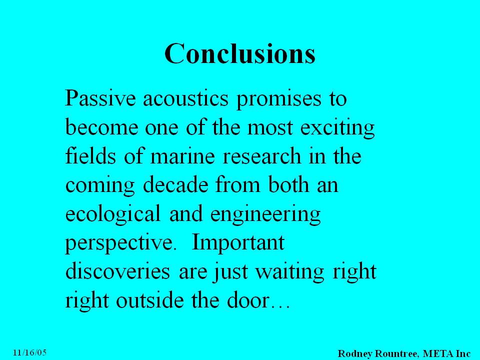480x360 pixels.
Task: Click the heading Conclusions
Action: (x=240, y=53)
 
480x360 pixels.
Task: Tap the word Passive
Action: (x=100, y=98)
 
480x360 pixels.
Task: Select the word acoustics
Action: (x=185, y=98)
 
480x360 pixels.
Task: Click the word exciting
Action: (x=337, y=128)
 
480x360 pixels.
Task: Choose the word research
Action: (x=261, y=155)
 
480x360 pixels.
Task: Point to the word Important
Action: (x=238, y=243)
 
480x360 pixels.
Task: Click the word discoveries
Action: (x=117, y=271)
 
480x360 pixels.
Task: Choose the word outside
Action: (x=150, y=300)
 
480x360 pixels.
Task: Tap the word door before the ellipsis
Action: (x=247, y=300)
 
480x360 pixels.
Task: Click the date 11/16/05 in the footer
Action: (x=29, y=352)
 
